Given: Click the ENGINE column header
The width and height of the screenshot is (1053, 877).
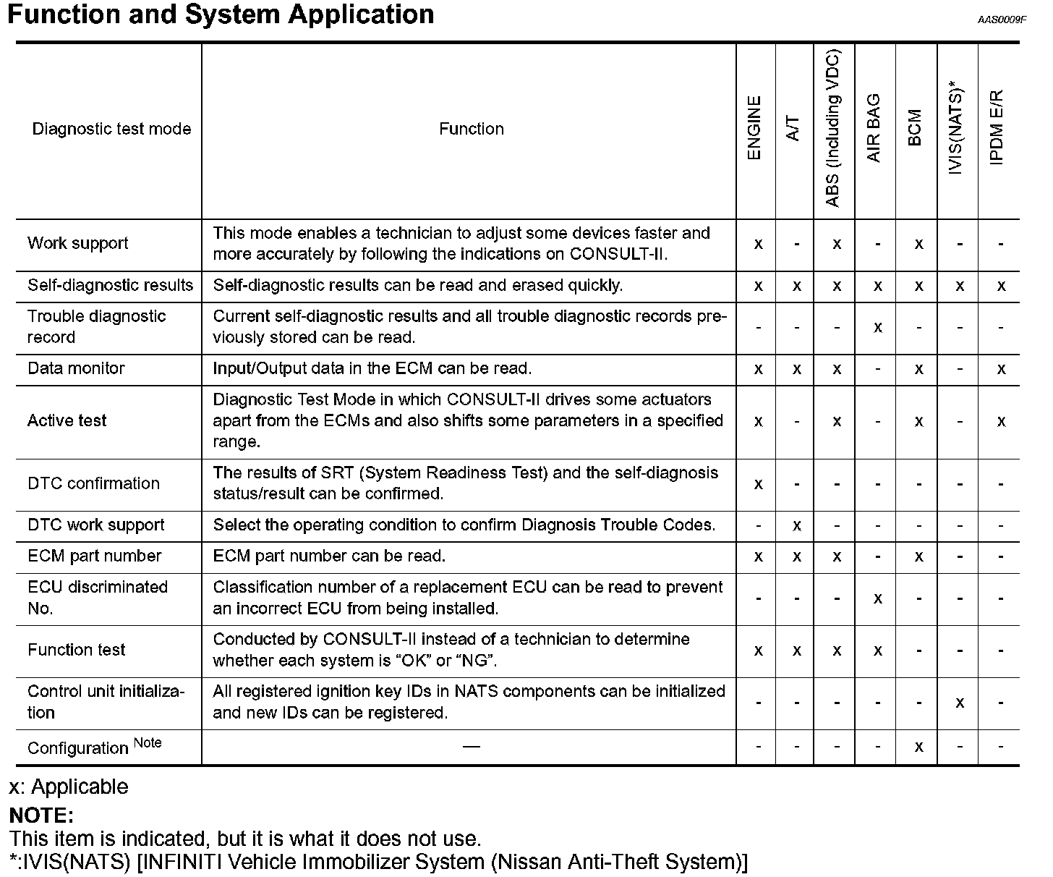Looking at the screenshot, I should click(754, 128).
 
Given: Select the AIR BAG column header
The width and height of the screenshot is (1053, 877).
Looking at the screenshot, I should click(874, 128).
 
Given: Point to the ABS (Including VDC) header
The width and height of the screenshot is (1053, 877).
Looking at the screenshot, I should click(833, 130).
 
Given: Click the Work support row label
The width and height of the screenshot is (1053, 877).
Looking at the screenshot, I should click(78, 243).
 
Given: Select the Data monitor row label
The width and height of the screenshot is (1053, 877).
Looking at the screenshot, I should click(76, 368).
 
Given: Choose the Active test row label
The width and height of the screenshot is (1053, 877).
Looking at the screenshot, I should click(67, 420).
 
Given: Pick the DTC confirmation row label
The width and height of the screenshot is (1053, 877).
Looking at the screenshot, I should click(93, 483).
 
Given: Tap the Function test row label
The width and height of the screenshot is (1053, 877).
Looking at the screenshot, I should click(76, 650).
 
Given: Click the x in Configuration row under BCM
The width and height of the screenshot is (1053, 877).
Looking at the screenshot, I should click(918, 747).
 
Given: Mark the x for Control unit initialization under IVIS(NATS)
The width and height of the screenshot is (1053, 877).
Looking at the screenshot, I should click(960, 703).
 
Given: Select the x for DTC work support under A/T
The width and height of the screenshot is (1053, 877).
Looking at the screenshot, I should click(796, 525).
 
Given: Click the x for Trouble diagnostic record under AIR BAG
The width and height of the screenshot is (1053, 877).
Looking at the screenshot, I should click(877, 327).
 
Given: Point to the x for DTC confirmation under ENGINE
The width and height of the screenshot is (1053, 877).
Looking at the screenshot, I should click(758, 483).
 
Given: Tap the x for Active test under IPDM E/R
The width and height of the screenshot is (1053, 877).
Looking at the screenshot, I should click(1001, 421).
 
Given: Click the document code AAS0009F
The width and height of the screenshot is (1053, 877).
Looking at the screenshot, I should click(1002, 20).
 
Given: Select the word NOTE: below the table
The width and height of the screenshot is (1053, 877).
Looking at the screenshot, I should click(41, 816).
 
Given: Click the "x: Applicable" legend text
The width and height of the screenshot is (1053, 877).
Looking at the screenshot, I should click(69, 787).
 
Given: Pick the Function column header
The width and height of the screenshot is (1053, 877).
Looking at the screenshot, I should click(472, 129).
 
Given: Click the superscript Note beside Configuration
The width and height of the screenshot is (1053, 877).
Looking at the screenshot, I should click(148, 742).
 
